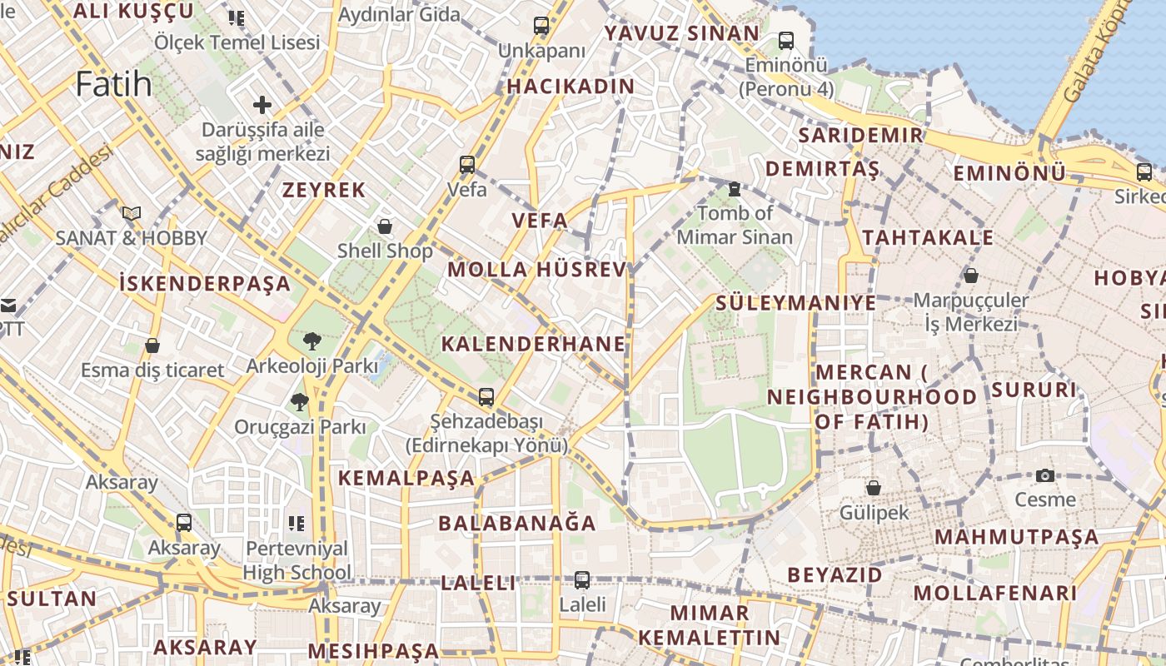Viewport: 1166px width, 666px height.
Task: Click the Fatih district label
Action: [x=114, y=84]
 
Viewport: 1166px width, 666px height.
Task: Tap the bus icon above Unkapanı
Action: [x=541, y=26]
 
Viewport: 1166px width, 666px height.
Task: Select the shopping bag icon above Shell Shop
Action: [x=385, y=226]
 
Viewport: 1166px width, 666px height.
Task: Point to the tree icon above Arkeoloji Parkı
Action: [x=311, y=340]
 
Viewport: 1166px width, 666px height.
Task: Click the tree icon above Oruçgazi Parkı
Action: [x=299, y=402]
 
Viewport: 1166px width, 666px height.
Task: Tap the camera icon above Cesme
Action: [x=1045, y=475]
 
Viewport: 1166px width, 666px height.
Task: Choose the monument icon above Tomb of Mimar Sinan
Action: [x=735, y=189]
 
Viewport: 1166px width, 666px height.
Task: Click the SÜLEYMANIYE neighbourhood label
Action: [x=795, y=302]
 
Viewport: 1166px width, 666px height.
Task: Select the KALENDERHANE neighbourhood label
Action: [x=533, y=344]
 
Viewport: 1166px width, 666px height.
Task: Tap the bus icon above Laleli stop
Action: [x=582, y=579]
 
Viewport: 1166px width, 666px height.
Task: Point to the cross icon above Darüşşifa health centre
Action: [x=262, y=105]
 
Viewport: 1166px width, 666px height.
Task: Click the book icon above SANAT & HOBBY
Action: [x=132, y=213]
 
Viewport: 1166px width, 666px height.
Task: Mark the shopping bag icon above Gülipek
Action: [x=874, y=487]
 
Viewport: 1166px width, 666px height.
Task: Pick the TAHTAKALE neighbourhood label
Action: [x=928, y=237]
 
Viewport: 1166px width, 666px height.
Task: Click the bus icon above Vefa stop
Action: [x=467, y=164]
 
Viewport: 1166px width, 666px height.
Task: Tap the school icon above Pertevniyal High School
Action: [x=296, y=523]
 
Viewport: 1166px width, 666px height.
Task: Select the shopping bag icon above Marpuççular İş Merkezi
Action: [x=970, y=275]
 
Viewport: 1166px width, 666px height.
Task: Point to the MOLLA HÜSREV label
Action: [x=536, y=269]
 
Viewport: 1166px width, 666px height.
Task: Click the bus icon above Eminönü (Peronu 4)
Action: [x=785, y=40]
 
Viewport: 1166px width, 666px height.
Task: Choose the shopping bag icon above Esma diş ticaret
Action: [x=152, y=345]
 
